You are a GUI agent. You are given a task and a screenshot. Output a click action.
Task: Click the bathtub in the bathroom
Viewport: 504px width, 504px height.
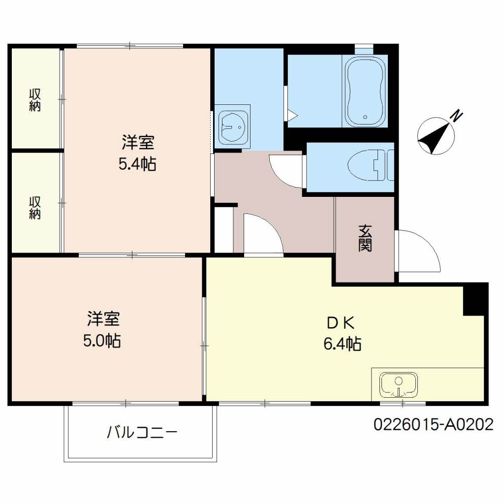click(x=365, y=91)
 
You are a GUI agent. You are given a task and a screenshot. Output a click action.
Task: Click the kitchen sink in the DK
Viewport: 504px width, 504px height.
click(x=399, y=385)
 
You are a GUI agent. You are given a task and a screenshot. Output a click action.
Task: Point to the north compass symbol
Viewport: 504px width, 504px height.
click(x=436, y=136)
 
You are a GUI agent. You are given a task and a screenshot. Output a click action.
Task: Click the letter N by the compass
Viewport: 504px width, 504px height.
click(x=457, y=116)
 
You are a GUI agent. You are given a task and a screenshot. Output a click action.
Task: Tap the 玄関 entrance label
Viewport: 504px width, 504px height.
click(x=365, y=238)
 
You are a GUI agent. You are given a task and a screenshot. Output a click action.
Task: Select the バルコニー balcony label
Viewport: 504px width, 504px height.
click(x=142, y=432)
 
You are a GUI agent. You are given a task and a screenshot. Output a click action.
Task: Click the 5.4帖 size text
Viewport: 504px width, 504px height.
click(x=138, y=164)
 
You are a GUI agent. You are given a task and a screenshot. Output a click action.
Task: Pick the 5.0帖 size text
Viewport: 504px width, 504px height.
click(x=102, y=341)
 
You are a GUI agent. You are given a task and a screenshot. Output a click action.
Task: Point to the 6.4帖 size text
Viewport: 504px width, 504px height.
click(x=343, y=344)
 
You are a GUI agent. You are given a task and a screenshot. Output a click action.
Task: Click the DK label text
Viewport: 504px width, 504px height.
click(x=341, y=323)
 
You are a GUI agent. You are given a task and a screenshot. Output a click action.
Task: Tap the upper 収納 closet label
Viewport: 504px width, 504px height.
click(x=35, y=100)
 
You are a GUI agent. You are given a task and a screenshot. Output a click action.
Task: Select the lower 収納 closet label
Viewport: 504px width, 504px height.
click(x=35, y=208)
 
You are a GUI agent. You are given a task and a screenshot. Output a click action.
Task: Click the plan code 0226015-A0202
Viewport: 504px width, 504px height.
click(x=433, y=424)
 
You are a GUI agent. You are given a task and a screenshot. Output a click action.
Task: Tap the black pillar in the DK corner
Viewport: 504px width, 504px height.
click(x=473, y=300)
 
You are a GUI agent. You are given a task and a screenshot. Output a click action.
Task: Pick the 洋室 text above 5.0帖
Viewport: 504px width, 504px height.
click(x=103, y=318)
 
